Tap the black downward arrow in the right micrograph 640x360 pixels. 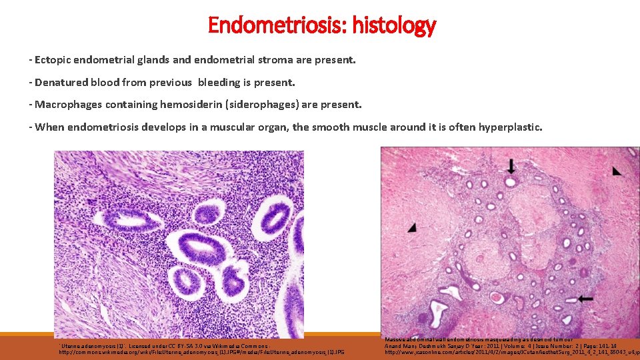point(511,165)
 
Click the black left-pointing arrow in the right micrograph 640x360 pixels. point(585,299)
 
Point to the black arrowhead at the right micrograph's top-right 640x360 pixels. point(617,171)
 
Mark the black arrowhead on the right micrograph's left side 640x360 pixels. point(413,227)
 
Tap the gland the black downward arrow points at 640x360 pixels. point(511,181)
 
